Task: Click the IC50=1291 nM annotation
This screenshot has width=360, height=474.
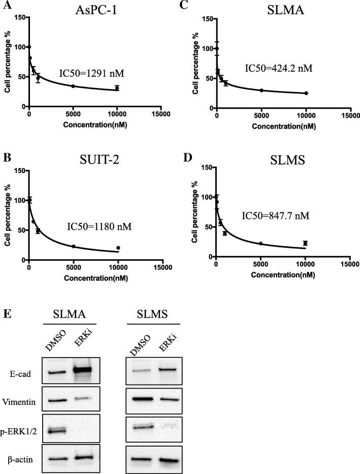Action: tap(96, 73)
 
